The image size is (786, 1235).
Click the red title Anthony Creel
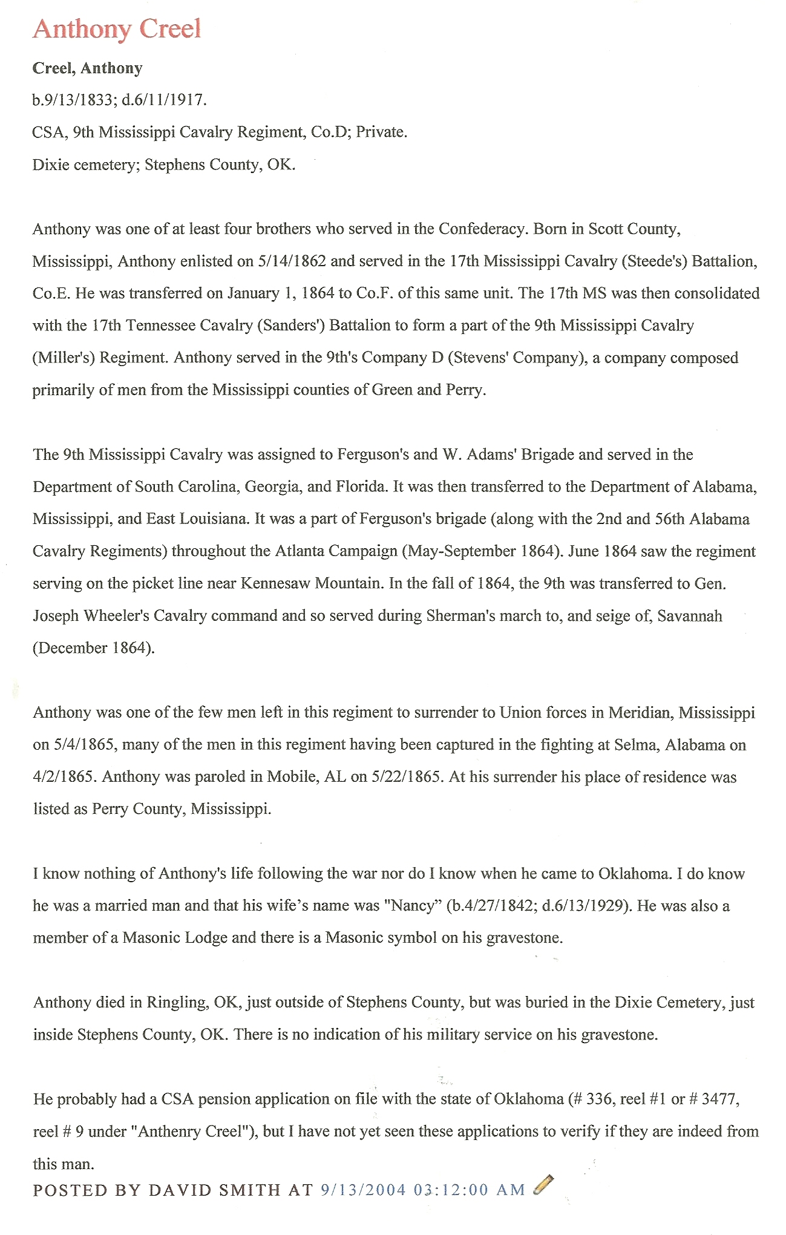(117, 29)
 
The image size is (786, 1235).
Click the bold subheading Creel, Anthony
(87, 68)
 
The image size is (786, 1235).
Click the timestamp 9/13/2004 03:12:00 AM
(423, 1190)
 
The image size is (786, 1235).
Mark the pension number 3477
(718, 1099)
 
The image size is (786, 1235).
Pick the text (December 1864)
(94, 648)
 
